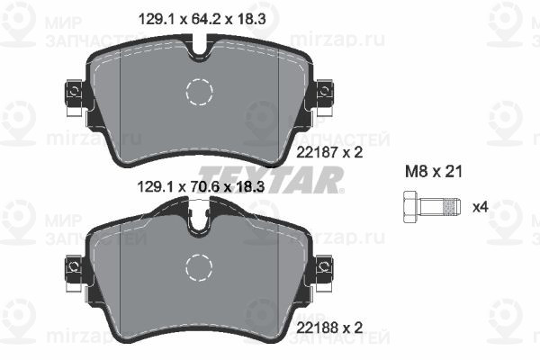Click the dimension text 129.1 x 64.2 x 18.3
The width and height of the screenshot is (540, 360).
[x=202, y=19]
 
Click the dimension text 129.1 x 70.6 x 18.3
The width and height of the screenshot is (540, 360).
[x=201, y=187]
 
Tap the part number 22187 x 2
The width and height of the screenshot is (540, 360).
[x=329, y=152]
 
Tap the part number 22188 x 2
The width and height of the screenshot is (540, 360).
[x=329, y=328]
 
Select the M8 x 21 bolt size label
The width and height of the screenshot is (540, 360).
[x=433, y=171]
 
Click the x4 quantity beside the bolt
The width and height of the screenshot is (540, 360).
[x=481, y=207]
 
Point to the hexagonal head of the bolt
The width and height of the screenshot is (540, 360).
[x=410, y=207]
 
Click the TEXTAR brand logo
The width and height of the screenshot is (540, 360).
[x=271, y=179]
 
